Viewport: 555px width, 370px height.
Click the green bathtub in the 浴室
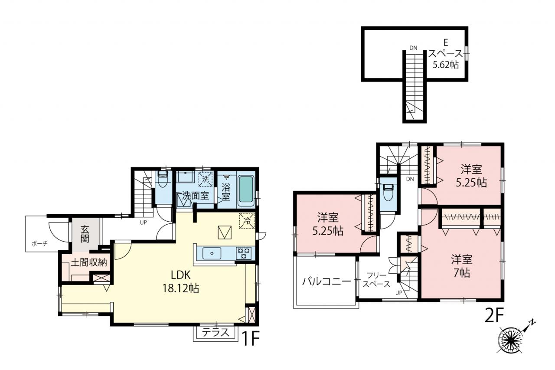246,190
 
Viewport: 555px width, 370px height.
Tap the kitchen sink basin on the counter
212,253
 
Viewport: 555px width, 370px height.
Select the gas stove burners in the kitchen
244,253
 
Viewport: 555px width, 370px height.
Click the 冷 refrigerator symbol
247,221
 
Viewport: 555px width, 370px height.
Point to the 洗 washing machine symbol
206,179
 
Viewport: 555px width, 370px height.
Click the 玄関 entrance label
85,234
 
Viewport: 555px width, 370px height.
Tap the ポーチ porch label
39,244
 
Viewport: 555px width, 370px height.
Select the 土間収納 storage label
89,262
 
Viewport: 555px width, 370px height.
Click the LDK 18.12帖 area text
180,282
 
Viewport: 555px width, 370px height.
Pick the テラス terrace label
215,333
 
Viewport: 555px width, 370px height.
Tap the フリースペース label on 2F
376,280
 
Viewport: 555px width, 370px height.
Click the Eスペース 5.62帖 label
445,54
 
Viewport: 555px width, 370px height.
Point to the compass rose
511,340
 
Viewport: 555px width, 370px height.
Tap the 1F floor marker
250,338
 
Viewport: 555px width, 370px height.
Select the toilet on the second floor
388,192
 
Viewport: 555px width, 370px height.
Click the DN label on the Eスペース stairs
413,48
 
